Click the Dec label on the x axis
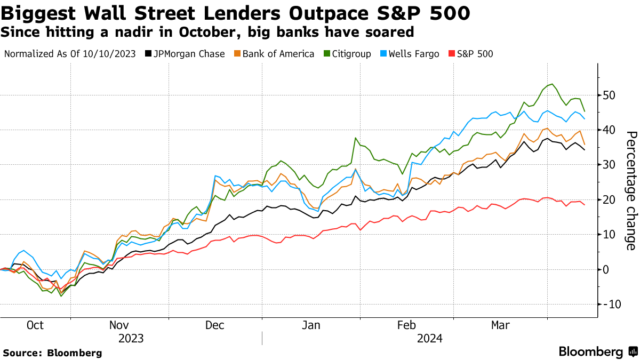[215, 325]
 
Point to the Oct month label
[35, 325]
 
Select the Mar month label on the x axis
[500, 325]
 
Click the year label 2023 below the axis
[131, 338]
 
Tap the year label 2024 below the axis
[430, 338]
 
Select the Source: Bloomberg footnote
[52, 353]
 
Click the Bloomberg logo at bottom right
[597, 351]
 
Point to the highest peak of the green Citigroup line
[552, 84]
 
